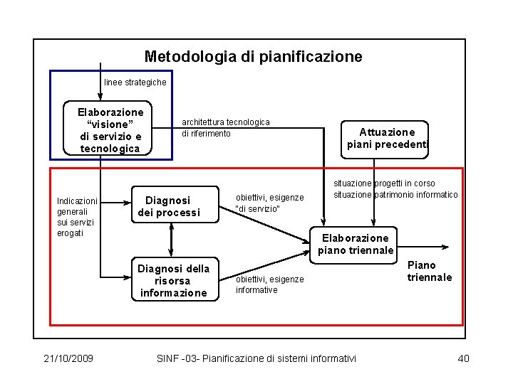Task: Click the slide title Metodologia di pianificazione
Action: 253,56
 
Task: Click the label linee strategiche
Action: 135,82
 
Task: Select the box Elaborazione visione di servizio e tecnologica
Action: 110,130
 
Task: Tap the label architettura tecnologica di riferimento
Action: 226,128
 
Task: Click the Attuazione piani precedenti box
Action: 387,138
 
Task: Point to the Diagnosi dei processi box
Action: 172,206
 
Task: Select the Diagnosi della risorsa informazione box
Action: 174,280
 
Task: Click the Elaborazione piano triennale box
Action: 356,244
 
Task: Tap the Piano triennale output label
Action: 429,271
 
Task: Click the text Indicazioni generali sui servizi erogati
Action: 77,217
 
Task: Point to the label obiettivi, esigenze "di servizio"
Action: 269,203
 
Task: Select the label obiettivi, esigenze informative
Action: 269,284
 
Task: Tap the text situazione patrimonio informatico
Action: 395,195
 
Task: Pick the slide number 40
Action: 462,358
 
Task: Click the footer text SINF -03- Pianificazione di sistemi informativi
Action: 256,358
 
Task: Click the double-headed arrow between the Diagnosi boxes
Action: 172,240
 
